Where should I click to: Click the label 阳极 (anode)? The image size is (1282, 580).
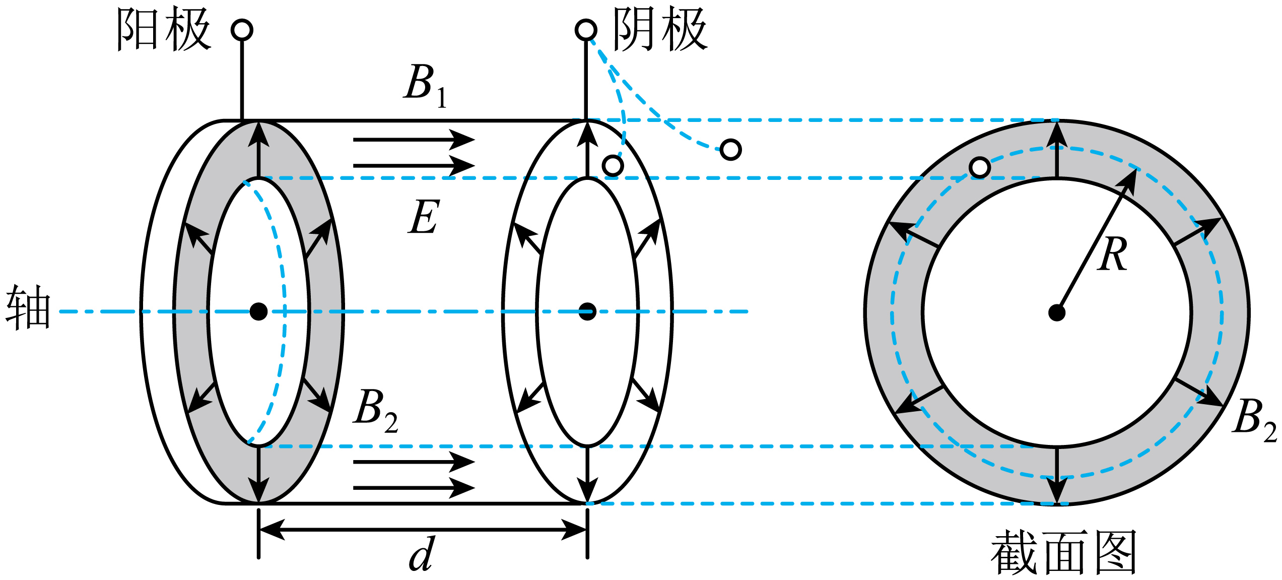pos(164,29)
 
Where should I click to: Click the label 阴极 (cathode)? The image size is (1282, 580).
pos(660,29)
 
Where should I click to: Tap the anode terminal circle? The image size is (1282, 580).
pos(242,30)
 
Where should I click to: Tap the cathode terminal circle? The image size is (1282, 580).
pos(586,30)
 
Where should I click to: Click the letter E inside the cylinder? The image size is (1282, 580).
pos(424,216)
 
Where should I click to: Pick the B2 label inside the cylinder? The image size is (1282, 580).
pos(376,411)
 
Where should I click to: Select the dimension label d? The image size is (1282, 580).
pos(422,554)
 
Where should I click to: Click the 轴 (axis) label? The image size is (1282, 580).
pos(28,307)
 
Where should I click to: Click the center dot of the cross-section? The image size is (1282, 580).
pos(1057,312)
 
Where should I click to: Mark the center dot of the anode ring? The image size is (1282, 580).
pos(258,311)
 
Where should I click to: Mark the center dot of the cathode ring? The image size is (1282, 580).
pos(587,311)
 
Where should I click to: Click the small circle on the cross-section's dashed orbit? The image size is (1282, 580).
pos(980,167)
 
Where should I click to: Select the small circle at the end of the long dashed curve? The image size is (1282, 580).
pos(730,150)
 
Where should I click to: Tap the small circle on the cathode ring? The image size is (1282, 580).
pos(613,165)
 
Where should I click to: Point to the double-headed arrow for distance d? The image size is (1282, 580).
pos(423,530)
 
